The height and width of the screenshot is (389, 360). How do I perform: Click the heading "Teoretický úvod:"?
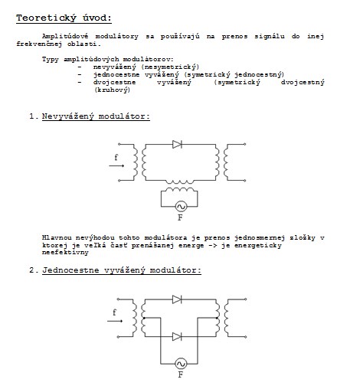tap(64, 18)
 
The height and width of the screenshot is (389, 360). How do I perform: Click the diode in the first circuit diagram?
tap(177, 144)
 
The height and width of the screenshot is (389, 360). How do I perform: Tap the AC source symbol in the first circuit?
tap(181, 207)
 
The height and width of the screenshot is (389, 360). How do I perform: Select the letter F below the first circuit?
tap(180, 217)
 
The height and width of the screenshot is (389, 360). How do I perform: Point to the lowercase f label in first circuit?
tap(116, 157)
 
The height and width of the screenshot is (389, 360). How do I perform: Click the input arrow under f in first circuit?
tap(116, 165)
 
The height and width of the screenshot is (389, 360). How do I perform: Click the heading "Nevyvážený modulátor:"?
tap(96, 116)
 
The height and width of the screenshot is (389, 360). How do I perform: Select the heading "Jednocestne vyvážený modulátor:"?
tap(122, 270)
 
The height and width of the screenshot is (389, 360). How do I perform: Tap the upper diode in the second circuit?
tap(177, 299)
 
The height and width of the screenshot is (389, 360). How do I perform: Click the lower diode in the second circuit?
tap(177, 337)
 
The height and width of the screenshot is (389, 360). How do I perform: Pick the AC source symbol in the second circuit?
tap(181, 364)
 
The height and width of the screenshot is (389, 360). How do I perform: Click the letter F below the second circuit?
tap(181, 374)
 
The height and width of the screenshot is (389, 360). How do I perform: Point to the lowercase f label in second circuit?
tap(114, 312)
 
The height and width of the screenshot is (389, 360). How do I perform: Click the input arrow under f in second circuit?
tap(115, 321)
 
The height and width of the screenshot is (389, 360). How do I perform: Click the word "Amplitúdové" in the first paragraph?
tap(65, 36)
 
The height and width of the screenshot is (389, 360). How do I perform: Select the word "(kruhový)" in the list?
tap(112, 90)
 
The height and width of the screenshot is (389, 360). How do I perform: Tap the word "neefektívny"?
tap(65, 253)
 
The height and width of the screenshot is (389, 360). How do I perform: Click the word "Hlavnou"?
tap(57, 238)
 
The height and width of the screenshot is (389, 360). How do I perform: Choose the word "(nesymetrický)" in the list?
tap(170, 67)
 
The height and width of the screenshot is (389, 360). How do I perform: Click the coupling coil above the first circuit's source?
tap(179, 182)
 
